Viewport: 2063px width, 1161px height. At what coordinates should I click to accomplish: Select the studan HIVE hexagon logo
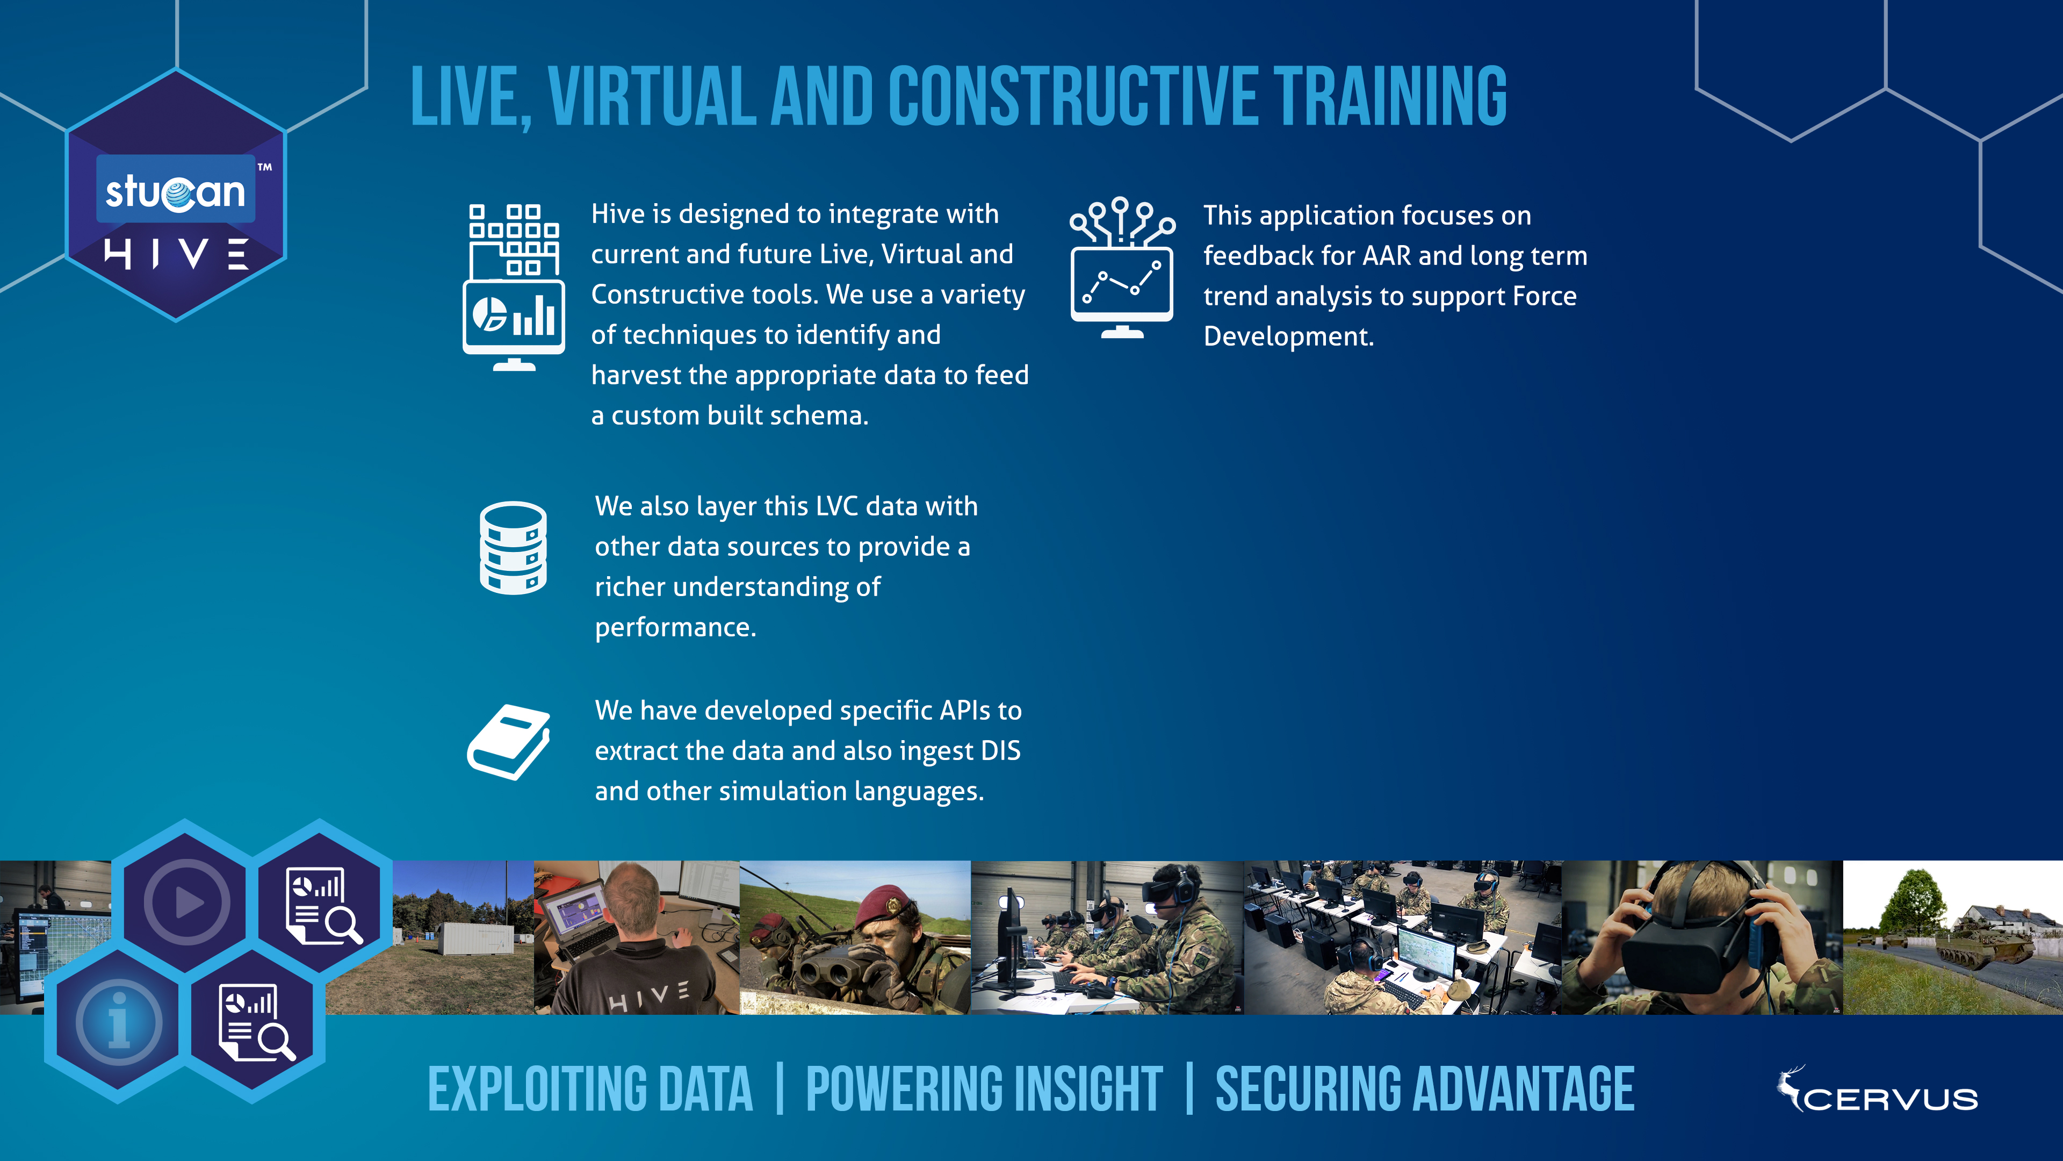pyautogui.click(x=175, y=195)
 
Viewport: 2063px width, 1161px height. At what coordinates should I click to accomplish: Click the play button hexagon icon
pyautogui.click(x=186, y=901)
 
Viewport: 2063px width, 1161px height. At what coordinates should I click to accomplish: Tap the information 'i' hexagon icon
pyautogui.click(x=119, y=1022)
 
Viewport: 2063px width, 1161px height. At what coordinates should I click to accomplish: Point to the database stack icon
pyautogui.click(x=514, y=548)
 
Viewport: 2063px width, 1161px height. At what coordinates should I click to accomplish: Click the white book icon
pyautogui.click(x=509, y=742)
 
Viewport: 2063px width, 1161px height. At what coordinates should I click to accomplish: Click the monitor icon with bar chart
pyautogui.click(x=514, y=287)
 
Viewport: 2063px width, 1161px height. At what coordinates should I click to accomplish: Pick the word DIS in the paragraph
pyautogui.click(x=1000, y=751)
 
